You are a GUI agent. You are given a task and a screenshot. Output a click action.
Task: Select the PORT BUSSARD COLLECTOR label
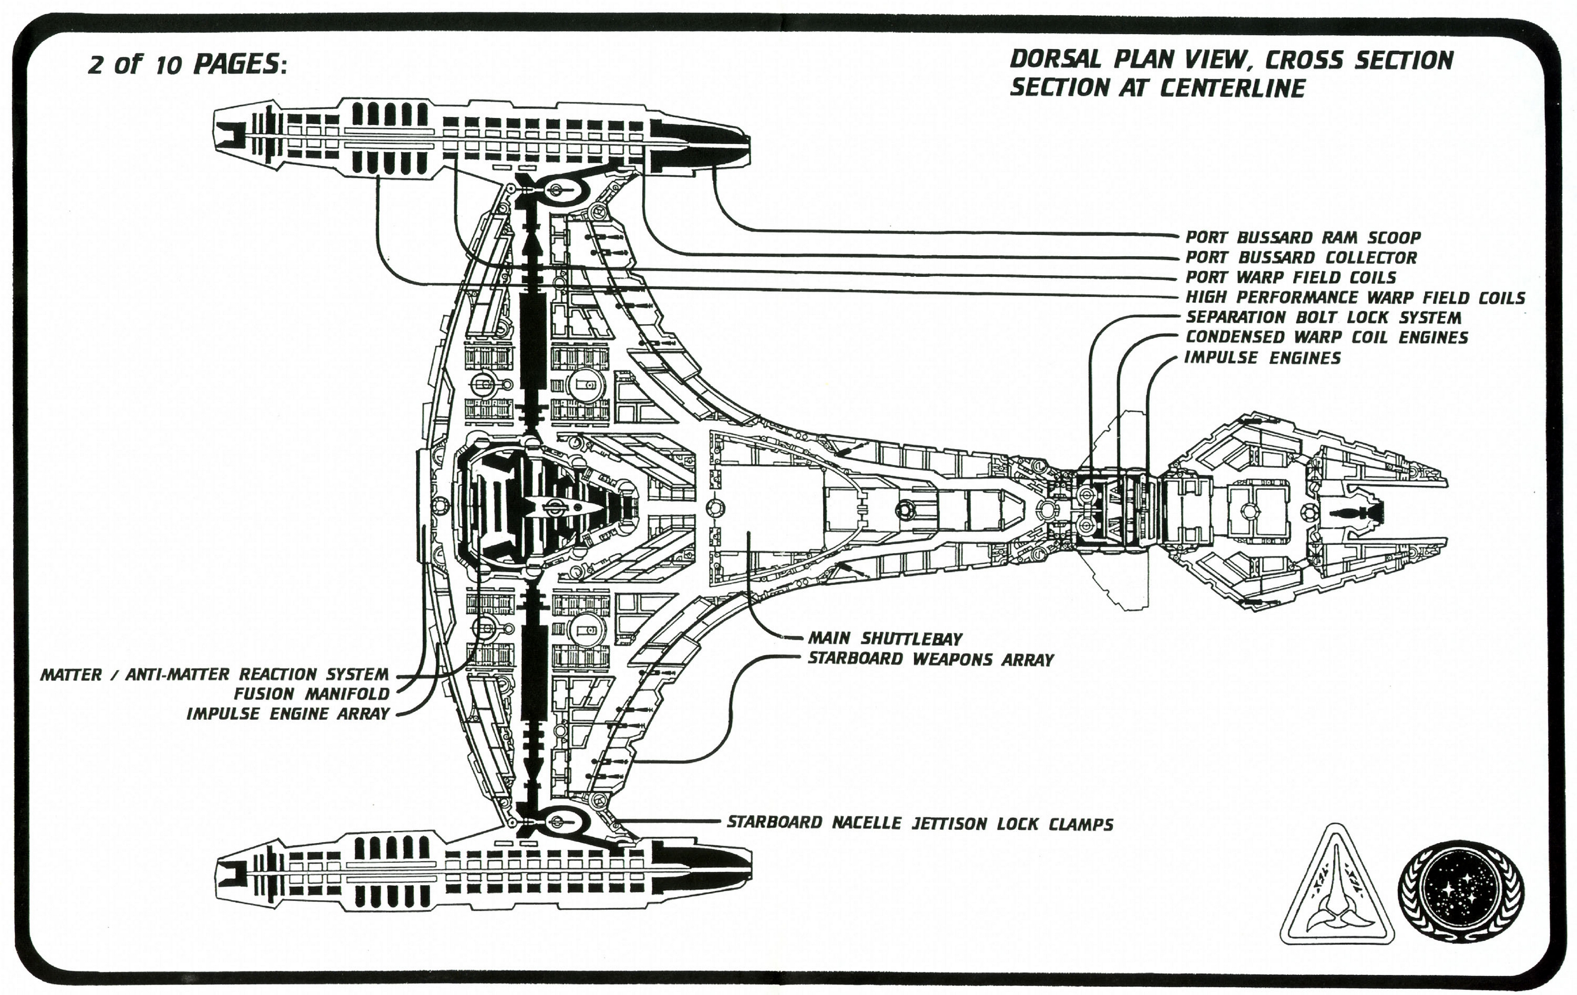(1301, 258)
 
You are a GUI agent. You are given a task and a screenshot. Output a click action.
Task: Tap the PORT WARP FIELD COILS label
(1291, 277)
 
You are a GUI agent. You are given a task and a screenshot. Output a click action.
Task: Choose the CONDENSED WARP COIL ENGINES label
(1327, 338)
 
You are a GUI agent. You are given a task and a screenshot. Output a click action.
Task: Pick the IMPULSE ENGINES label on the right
(1263, 358)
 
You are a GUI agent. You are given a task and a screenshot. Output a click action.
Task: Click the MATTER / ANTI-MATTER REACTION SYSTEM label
(214, 674)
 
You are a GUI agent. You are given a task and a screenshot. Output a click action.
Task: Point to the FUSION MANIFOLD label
(311, 694)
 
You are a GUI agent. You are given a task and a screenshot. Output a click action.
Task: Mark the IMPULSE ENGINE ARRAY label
(288, 714)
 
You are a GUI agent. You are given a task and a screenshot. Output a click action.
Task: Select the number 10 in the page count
(169, 66)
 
